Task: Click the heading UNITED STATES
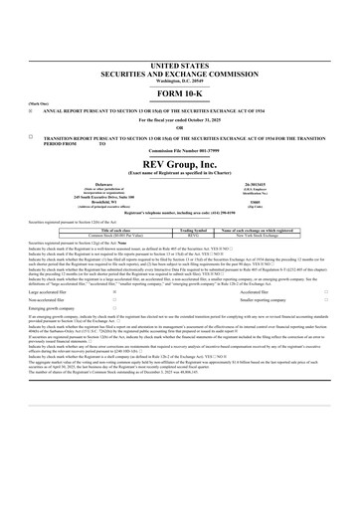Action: point(179,63)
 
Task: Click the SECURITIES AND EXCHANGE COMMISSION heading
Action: point(179,72)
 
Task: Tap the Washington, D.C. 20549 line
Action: point(179,80)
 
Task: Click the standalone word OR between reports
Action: point(179,126)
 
